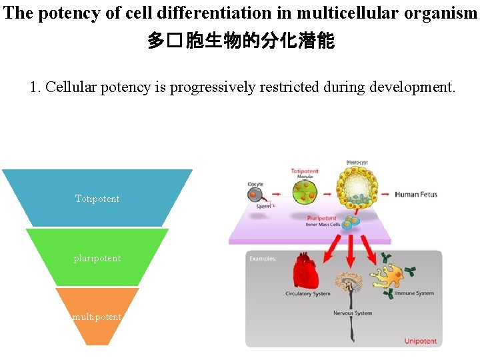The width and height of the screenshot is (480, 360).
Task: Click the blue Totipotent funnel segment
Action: [97, 198]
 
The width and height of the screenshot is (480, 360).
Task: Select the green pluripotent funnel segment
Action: [97, 257]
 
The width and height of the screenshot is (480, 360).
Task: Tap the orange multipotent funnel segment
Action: [97, 317]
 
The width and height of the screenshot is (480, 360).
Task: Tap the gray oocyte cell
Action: [255, 195]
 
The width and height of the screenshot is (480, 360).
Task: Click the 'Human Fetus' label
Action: [416, 195]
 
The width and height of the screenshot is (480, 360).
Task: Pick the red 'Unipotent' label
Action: [420, 341]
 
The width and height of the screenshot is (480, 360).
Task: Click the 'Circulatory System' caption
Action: [307, 294]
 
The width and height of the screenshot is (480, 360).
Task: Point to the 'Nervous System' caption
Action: [353, 313]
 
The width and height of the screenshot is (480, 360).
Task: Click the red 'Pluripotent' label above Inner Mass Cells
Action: [321, 217]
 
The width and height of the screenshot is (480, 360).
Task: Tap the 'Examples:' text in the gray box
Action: [264, 258]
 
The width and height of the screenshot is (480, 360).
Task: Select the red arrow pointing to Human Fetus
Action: [385, 195]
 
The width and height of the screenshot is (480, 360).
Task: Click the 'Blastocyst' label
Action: [357, 162]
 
